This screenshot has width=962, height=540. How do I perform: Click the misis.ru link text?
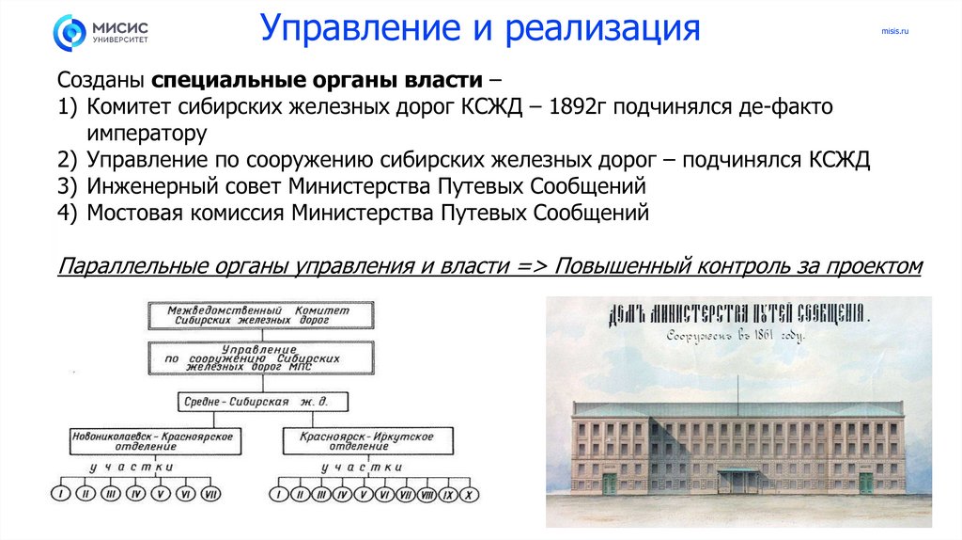click(x=895, y=32)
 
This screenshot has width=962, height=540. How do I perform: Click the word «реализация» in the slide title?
click(x=602, y=27)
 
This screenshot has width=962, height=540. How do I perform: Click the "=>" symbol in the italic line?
click(x=532, y=265)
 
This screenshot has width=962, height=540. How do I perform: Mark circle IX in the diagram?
click(x=447, y=494)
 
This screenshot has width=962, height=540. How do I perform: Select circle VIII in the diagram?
click(x=427, y=494)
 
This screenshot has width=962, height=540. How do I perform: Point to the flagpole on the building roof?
click(x=737, y=386)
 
